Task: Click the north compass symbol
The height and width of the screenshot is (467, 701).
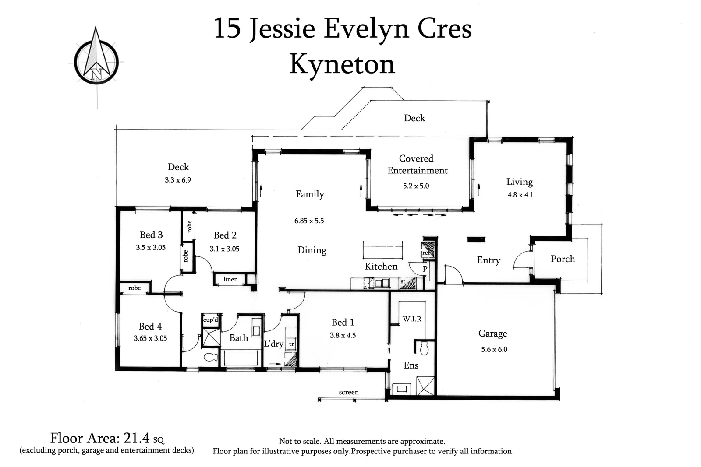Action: click(96, 61)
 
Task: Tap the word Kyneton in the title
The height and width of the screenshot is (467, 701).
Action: click(342, 65)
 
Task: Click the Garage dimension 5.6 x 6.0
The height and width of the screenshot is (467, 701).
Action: click(494, 349)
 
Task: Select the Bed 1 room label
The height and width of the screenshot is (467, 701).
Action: click(343, 323)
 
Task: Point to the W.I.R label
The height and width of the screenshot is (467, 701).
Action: click(412, 319)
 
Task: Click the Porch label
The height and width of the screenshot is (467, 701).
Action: click(563, 259)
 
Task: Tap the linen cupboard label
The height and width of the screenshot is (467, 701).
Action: click(230, 279)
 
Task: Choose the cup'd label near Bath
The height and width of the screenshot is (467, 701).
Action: click(211, 320)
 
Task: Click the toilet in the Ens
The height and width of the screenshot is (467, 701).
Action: click(424, 348)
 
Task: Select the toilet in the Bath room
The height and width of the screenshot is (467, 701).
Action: click(211, 358)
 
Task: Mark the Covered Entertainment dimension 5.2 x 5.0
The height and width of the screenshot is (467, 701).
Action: click(416, 186)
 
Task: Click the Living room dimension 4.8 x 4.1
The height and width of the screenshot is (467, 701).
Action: click(520, 195)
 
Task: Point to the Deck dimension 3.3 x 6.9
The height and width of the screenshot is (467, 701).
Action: click(178, 180)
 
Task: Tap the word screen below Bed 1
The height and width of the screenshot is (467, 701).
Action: click(349, 392)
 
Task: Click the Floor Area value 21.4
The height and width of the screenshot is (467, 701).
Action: click(137, 438)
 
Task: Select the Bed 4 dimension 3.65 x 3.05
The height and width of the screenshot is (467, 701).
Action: click(150, 338)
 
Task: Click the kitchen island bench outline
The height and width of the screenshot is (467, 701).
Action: click(383, 250)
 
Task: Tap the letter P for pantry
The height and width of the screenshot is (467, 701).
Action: click(425, 269)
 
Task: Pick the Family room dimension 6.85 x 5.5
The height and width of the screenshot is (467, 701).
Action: click(309, 221)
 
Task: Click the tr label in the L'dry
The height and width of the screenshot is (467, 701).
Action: click(291, 344)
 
